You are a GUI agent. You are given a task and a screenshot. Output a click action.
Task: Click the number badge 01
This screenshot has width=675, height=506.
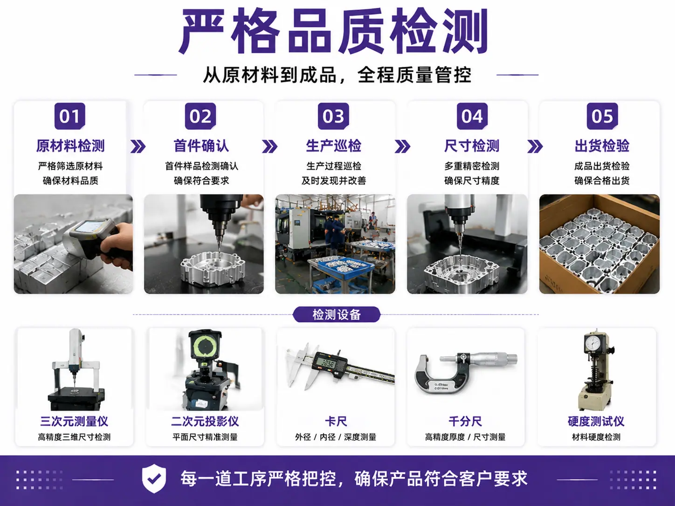(x=70, y=116)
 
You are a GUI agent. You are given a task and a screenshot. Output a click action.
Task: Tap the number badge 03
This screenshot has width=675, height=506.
(x=333, y=116)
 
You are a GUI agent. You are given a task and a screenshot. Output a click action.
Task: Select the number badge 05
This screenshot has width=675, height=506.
(x=602, y=116)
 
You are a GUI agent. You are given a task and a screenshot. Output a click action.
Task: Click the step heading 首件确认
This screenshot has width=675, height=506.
(x=201, y=146)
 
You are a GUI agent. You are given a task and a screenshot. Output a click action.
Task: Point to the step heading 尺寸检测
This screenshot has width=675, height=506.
(x=472, y=146)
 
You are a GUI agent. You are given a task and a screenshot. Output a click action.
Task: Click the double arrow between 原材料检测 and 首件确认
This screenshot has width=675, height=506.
(x=138, y=147)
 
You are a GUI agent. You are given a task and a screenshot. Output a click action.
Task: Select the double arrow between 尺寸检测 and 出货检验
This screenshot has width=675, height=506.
(x=535, y=147)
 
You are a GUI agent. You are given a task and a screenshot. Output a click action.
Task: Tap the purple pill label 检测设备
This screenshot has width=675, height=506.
(x=337, y=315)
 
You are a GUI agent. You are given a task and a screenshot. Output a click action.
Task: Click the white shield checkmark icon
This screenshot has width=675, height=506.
(x=154, y=479)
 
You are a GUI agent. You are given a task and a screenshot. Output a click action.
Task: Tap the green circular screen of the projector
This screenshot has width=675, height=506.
(x=205, y=346)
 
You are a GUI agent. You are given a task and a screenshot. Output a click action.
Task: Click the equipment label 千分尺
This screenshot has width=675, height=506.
(x=465, y=421)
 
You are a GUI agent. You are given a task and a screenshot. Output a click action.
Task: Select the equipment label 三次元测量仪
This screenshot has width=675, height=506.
(x=74, y=421)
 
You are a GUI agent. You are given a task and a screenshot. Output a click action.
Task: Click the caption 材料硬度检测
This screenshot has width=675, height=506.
(x=596, y=437)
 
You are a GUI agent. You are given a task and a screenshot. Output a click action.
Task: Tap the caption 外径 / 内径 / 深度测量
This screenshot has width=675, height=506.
(x=336, y=437)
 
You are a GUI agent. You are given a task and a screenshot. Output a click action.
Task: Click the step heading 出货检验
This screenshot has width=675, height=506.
(x=602, y=146)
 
